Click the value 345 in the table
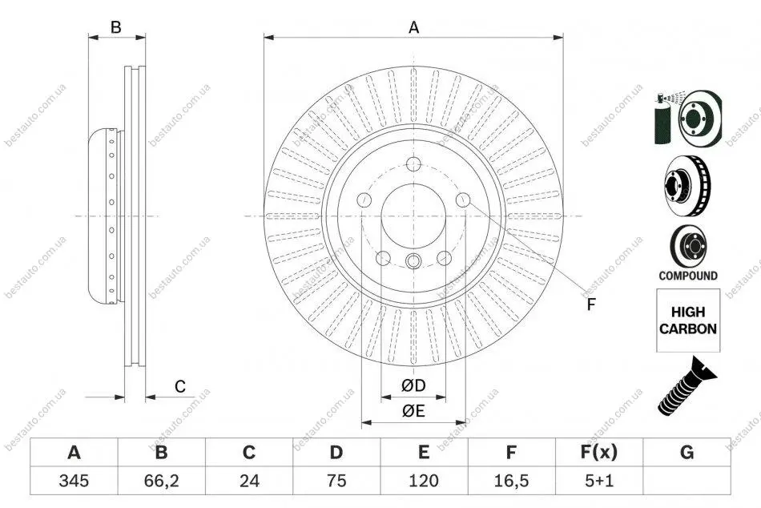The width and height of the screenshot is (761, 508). pyautogui.click(x=74, y=481)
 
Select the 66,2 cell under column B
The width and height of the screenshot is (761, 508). pyautogui.click(x=161, y=481)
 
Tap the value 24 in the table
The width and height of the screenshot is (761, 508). pyautogui.click(x=249, y=481)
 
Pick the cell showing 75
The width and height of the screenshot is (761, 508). pyautogui.click(x=336, y=481)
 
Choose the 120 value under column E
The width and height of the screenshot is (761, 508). pyautogui.click(x=424, y=481)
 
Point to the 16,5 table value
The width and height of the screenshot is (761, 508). pyautogui.click(x=511, y=481)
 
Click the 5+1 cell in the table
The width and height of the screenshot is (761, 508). pyautogui.click(x=599, y=481)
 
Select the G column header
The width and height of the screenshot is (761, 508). pyautogui.click(x=687, y=453)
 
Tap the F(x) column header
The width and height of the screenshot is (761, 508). pyautogui.click(x=599, y=453)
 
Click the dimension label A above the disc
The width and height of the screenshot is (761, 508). pyautogui.click(x=413, y=28)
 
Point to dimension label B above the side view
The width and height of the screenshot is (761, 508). pyautogui.click(x=115, y=28)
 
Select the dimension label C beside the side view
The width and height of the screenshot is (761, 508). pyautogui.click(x=180, y=386)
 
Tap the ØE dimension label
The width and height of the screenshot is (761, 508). pyautogui.click(x=413, y=411)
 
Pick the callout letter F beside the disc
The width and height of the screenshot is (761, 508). pyautogui.click(x=590, y=304)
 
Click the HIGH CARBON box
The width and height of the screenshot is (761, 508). pyautogui.click(x=688, y=321)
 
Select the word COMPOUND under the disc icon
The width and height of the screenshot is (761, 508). pyautogui.click(x=688, y=276)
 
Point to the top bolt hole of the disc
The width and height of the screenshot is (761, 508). pyautogui.click(x=413, y=164)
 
